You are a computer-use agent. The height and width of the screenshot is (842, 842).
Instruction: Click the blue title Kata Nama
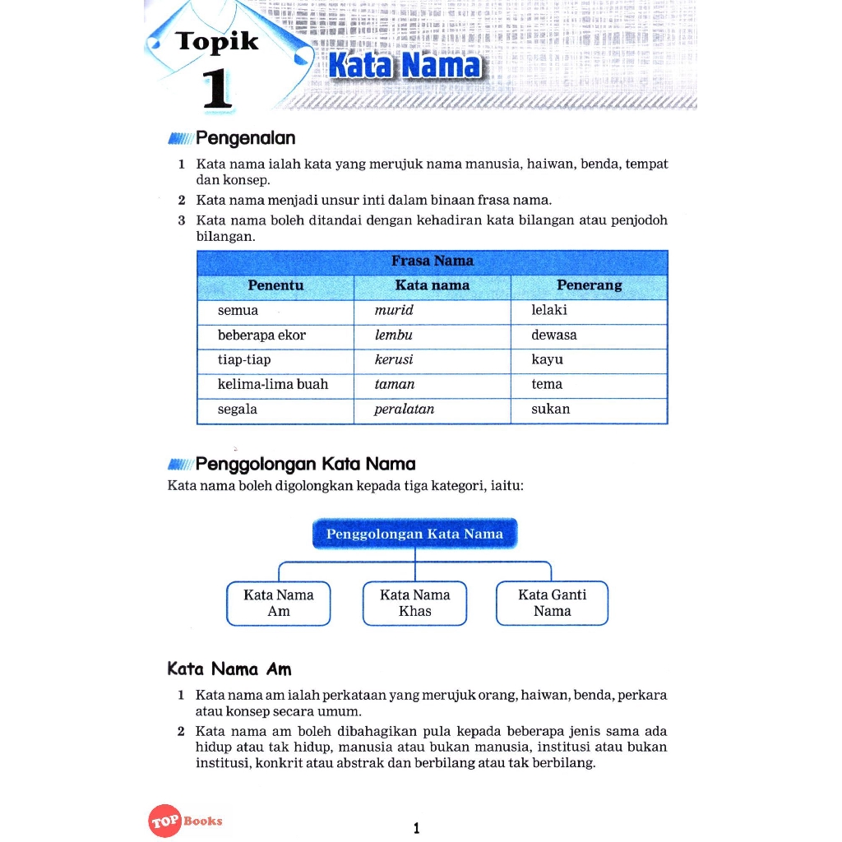[403, 67]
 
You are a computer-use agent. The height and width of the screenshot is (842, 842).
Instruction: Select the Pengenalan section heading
[245, 138]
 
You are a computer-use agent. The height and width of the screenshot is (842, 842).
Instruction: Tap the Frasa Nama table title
[432, 261]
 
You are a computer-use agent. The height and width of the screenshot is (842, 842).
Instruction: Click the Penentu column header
[275, 286]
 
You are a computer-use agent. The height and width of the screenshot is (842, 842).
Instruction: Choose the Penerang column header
[589, 286]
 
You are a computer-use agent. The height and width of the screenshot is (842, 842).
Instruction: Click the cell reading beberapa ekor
[261, 335]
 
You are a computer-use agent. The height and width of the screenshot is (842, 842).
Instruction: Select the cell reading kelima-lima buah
[272, 385]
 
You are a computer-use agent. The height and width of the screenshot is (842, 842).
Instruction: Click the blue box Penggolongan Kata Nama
[414, 534]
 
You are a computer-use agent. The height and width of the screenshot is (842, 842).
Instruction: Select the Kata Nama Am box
[278, 603]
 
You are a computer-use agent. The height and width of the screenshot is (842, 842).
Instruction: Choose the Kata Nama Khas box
[414, 603]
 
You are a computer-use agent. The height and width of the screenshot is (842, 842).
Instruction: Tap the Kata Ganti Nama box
[552, 603]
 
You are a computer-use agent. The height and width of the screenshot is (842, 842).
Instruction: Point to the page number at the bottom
[416, 828]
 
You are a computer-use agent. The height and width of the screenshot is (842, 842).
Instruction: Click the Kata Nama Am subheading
[229, 669]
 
